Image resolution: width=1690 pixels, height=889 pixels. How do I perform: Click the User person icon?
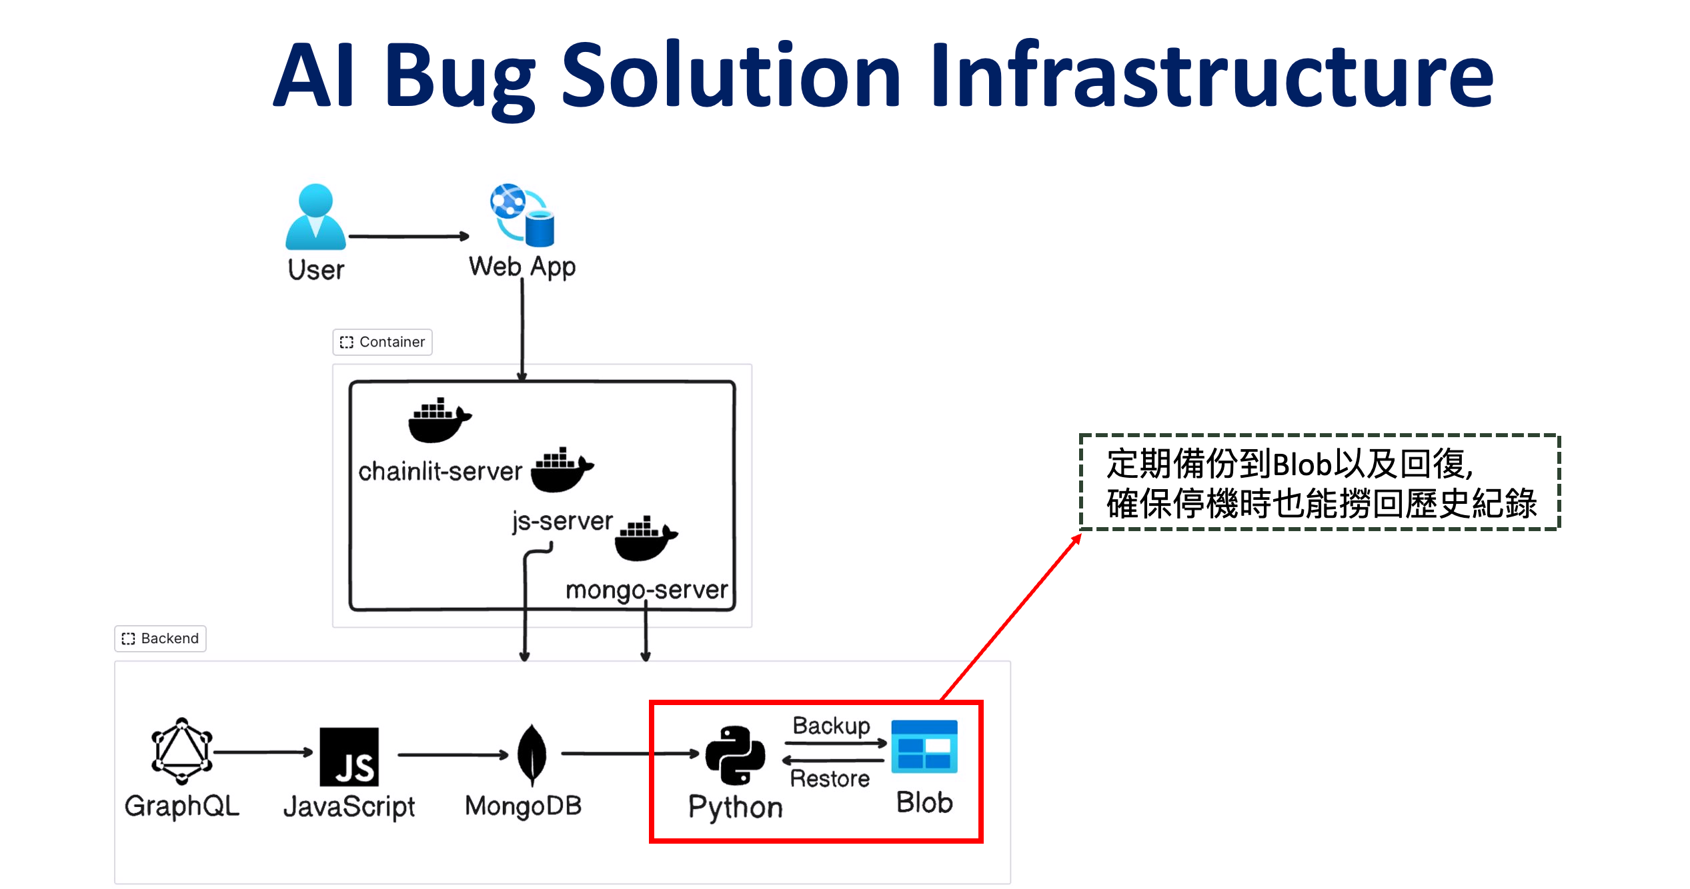315,217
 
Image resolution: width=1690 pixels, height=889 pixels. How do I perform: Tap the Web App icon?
523,215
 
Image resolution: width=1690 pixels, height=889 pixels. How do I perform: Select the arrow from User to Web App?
408,236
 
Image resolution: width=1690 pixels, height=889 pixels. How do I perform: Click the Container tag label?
383,342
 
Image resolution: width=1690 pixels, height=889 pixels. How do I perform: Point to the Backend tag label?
160,638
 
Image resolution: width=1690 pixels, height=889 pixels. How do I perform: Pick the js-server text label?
562,521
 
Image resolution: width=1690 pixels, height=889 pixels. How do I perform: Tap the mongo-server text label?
646,590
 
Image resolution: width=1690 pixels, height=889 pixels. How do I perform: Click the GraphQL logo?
181,751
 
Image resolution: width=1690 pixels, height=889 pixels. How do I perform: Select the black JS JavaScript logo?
349,756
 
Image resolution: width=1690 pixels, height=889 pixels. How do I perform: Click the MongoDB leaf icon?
532,754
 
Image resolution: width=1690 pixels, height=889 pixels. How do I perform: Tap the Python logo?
735,755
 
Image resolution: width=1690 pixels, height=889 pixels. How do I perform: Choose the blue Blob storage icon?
924,746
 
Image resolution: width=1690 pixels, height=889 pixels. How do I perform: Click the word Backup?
831,725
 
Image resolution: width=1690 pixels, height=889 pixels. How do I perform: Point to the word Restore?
830,778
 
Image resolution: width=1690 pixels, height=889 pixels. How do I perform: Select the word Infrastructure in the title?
1210,75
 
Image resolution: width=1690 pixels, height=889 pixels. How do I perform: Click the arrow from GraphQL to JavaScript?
263,752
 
